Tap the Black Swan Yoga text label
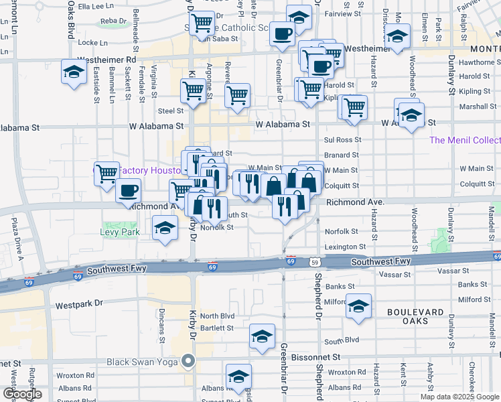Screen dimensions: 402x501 coord(143,362)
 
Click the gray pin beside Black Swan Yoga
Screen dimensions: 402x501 coord(189,362)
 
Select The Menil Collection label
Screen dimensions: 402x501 coord(465,140)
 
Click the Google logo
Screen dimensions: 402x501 coord(22,394)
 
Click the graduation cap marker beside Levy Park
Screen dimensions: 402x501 coord(165,229)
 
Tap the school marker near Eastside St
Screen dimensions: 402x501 coord(74,72)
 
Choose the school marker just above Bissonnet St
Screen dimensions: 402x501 coord(262,337)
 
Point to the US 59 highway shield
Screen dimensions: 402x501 coord(315,261)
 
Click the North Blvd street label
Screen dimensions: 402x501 coord(217,316)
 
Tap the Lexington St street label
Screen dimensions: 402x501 coord(345,247)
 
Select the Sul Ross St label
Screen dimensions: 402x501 coord(342,140)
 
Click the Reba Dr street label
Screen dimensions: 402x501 coord(113,21)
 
